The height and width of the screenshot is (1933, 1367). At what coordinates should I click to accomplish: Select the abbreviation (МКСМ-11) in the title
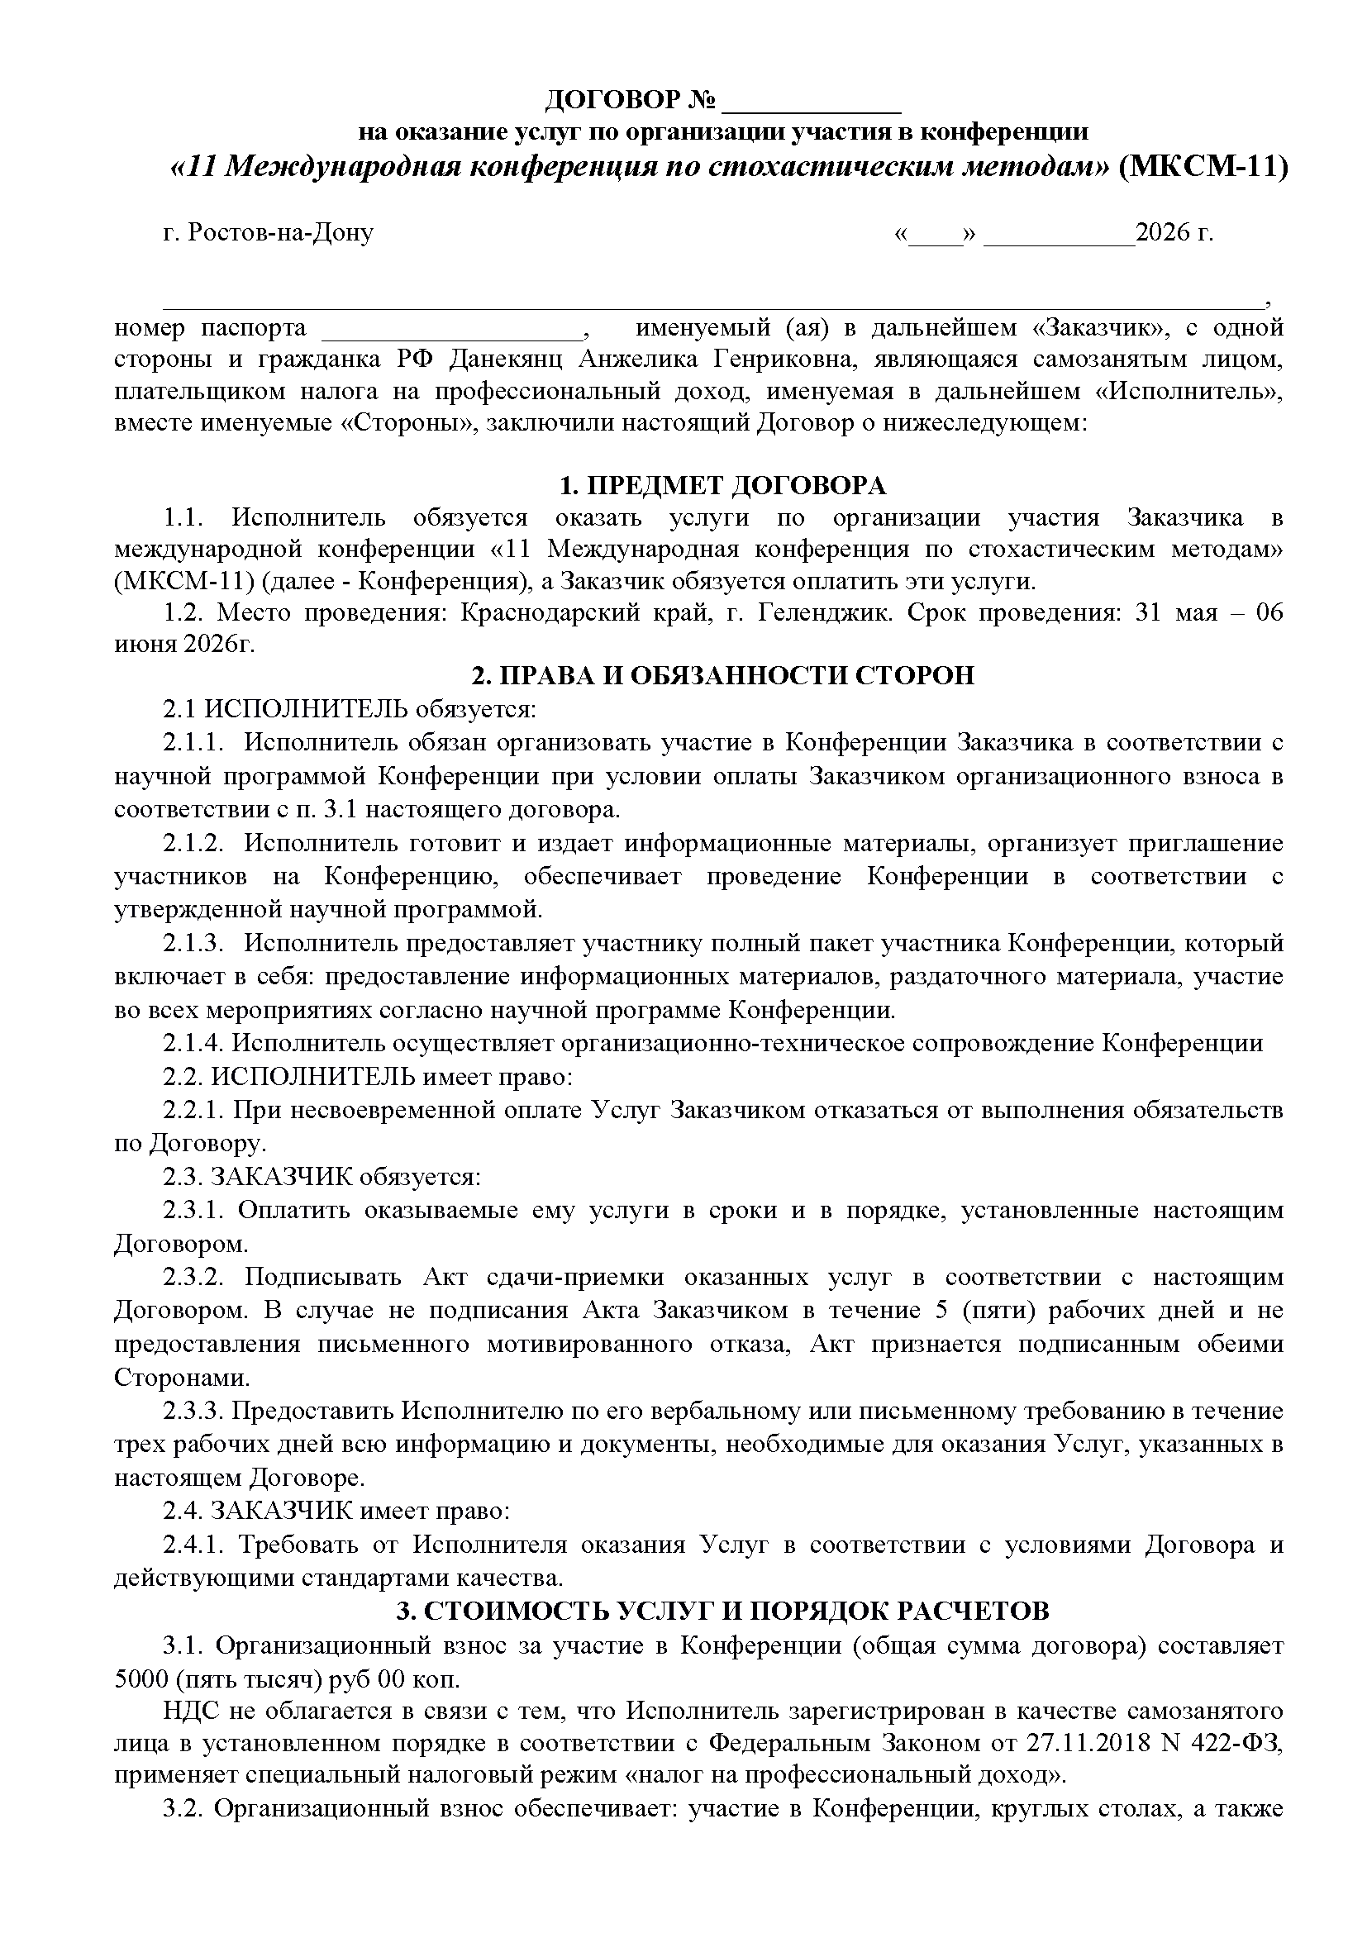1203,168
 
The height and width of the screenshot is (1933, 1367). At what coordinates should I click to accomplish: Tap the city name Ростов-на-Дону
281,232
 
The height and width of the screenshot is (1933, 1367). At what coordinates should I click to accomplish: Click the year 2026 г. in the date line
1174,232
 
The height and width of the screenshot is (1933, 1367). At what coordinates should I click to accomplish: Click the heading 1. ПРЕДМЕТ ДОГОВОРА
723,487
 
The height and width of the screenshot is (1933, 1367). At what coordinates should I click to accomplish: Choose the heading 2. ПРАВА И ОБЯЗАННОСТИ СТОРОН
723,676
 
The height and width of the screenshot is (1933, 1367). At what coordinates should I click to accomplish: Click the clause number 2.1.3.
193,943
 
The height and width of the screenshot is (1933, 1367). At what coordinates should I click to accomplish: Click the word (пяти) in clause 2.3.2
990,1311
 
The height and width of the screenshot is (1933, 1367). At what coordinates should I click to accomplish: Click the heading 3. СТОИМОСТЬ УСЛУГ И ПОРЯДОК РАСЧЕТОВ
723,1612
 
